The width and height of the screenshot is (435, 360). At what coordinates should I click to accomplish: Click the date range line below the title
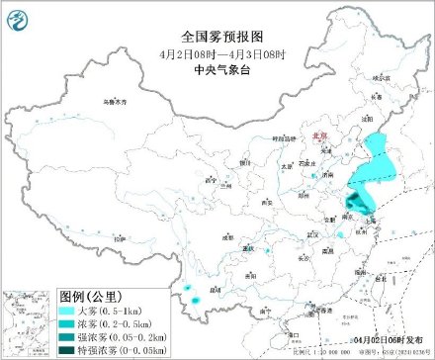coord(217,51)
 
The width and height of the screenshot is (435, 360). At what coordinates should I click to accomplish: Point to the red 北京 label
coord(317,138)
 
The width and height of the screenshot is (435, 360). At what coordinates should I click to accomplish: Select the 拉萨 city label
coord(119,239)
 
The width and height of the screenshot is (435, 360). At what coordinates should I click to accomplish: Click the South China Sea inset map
coord(27,322)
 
